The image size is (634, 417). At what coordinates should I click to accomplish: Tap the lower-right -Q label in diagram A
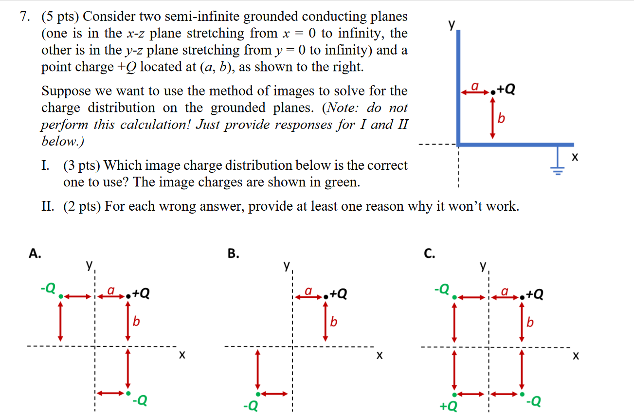(139, 401)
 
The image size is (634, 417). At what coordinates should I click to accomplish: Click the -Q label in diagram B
(251, 405)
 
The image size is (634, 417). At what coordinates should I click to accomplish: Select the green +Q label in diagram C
(448, 405)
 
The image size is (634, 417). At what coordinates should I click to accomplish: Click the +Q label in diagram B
(339, 293)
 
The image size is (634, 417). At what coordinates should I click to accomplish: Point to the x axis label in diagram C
(576, 357)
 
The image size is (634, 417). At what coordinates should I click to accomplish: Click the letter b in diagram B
(333, 322)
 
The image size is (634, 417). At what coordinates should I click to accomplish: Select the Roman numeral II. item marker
(48, 207)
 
